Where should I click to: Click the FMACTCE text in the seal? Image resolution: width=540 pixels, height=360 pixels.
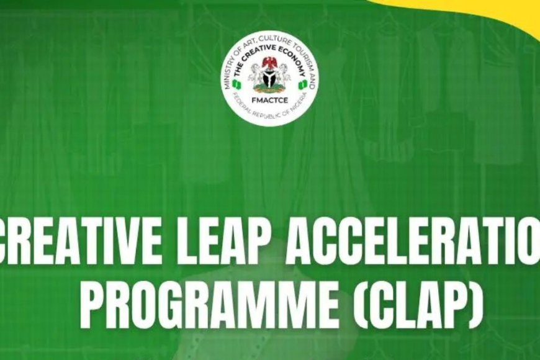point(270,97)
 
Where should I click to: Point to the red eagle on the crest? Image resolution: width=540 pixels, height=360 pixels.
point(270,62)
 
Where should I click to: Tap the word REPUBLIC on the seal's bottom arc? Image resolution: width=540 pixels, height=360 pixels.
point(259,115)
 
